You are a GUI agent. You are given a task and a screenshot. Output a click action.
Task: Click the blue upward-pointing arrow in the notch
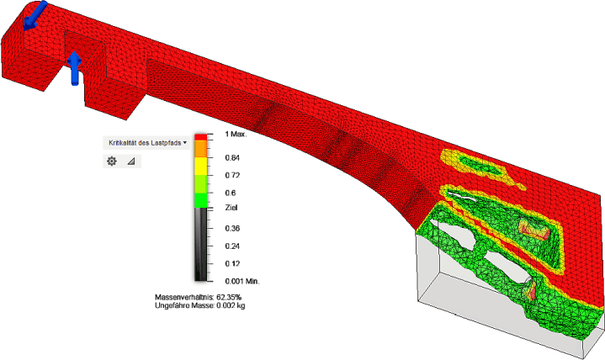(74, 68)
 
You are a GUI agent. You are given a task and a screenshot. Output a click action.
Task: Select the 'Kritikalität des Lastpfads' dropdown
(147, 143)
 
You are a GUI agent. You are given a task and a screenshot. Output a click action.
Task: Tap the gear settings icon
(112, 161)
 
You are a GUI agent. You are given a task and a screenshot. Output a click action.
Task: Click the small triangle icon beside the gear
(131, 161)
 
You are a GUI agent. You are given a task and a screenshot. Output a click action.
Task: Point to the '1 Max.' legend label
(236, 134)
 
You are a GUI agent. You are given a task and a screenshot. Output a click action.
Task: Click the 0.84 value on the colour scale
(232, 157)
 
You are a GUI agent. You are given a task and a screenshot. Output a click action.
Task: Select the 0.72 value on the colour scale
(232, 175)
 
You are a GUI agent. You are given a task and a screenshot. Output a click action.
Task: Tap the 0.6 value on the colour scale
(231, 193)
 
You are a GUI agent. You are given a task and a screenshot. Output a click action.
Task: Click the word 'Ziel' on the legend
(231, 208)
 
